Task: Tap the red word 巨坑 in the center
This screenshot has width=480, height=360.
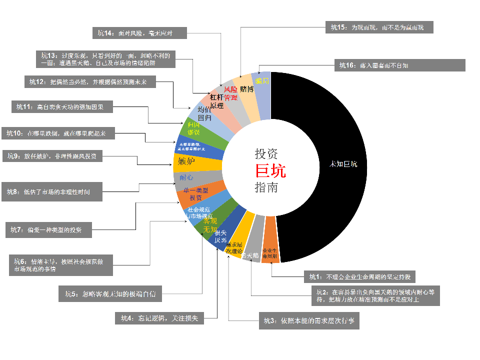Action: [270, 171]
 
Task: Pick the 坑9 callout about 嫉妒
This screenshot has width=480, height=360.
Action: [53, 156]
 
